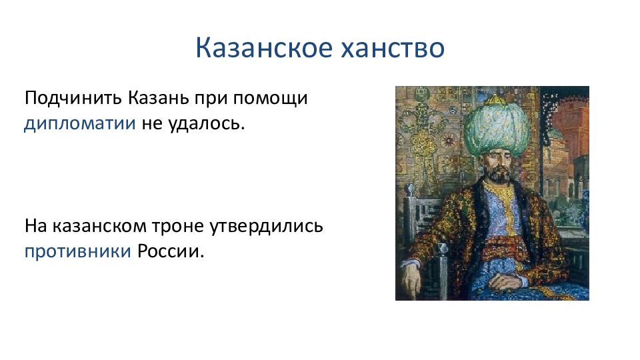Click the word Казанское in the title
tap(264, 48)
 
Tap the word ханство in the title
tap(392, 48)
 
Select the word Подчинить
tap(73, 99)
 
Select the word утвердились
tap(267, 227)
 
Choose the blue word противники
tap(78, 252)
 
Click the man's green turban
tap(496, 127)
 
